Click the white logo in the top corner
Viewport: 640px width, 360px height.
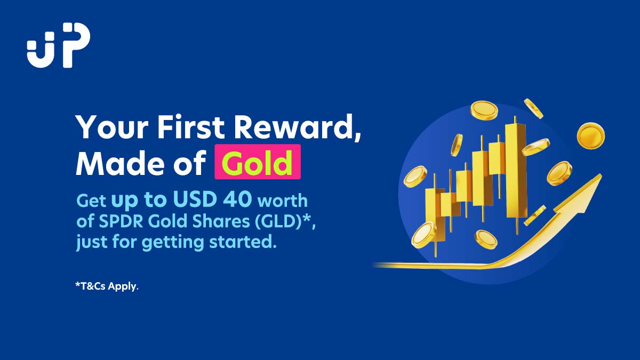click(58, 45)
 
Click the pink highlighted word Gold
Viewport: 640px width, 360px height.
click(258, 162)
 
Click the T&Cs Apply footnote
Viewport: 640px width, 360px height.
click(107, 286)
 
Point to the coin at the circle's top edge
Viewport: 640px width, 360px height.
click(484, 110)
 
